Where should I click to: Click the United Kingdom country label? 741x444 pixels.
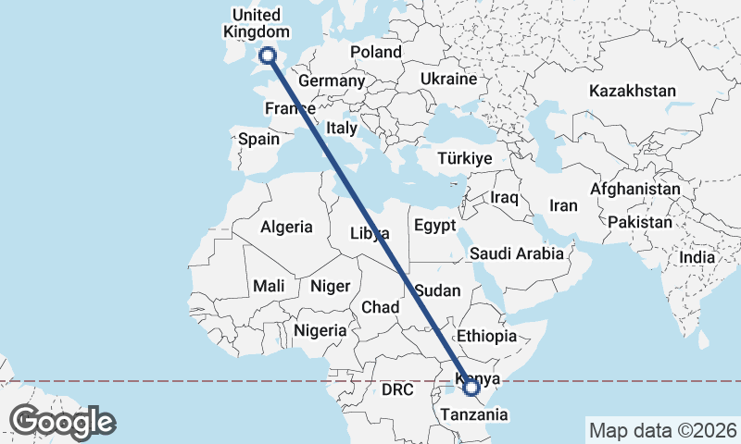(x=256, y=23)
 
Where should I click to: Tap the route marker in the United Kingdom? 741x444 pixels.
(x=269, y=55)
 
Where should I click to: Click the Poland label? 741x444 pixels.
(x=376, y=52)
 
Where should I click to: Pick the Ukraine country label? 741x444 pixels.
(x=448, y=80)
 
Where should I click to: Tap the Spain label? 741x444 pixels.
(x=258, y=139)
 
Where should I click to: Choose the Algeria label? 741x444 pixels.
(x=286, y=227)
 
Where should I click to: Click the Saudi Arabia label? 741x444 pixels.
(x=516, y=253)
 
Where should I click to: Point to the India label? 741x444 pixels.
(x=697, y=257)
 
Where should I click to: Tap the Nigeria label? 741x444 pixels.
(x=320, y=330)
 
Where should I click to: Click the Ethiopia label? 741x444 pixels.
(x=486, y=337)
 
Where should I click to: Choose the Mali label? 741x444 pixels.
(x=269, y=286)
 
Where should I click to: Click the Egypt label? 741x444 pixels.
(x=435, y=226)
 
